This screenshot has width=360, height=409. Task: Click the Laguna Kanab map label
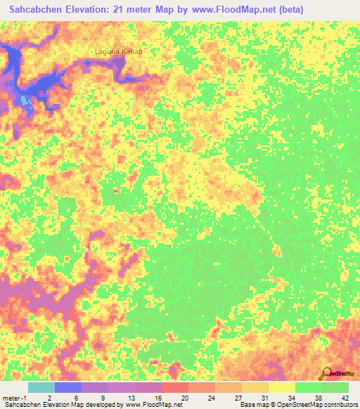[120, 51]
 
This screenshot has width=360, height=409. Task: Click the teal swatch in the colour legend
[41, 387]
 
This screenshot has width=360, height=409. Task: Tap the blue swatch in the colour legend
[67, 387]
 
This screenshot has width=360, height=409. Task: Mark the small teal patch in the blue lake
[26, 100]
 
